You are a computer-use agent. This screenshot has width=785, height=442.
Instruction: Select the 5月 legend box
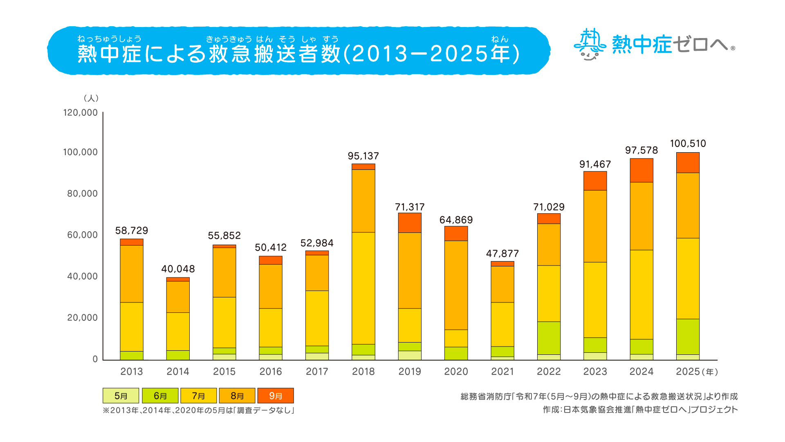point(121,396)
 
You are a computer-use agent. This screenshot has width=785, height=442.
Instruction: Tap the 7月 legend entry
point(198,396)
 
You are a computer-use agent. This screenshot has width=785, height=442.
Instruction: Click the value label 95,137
point(363,156)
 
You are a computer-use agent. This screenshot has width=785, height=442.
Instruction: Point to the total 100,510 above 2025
point(688,144)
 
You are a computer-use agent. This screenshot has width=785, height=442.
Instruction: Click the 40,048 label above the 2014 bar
point(178,269)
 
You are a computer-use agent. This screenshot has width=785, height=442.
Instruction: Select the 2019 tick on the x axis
point(410,372)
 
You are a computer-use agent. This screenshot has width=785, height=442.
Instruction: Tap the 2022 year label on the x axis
point(549,372)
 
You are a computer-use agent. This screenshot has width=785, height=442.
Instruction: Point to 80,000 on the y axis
point(82,194)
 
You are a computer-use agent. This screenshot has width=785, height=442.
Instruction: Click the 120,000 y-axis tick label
point(80,113)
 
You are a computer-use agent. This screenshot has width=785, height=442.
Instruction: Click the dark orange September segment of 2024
point(641,170)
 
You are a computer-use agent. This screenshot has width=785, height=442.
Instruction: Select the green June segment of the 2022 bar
point(549,338)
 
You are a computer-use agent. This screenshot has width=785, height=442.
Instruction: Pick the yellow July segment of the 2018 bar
point(363,288)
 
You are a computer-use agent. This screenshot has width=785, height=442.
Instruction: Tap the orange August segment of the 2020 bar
point(456,285)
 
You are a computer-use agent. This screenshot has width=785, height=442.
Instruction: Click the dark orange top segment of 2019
point(410,223)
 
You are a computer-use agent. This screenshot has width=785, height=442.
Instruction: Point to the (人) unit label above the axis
point(91,98)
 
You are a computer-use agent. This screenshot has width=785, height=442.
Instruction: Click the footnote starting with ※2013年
point(198,410)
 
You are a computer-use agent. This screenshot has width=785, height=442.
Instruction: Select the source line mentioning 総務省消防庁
point(599,396)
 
